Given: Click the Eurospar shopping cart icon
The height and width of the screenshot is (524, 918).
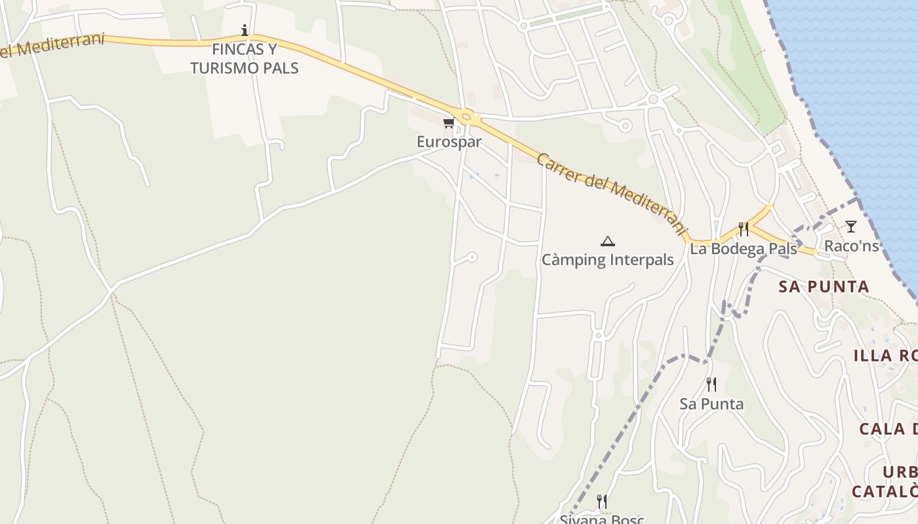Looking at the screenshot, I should pyautogui.click(x=449, y=123).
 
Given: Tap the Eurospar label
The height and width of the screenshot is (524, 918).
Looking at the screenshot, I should pyautogui.click(x=449, y=141).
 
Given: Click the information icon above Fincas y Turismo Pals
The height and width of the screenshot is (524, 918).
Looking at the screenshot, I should pyautogui.click(x=245, y=30).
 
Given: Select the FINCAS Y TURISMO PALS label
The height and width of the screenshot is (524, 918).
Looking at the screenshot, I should pyautogui.click(x=245, y=58).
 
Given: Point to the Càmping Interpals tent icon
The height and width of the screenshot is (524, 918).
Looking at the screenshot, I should pyautogui.click(x=608, y=241).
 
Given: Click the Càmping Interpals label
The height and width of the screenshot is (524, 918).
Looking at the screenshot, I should pyautogui.click(x=608, y=259).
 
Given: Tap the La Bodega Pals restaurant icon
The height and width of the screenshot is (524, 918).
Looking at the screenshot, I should pyautogui.click(x=744, y=229).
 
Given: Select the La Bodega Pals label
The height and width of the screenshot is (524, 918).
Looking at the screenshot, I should pyautogui.click(x=744, y=249).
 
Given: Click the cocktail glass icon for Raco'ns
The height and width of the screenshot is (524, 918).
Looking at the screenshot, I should pyautogui.click(x=850, y=227).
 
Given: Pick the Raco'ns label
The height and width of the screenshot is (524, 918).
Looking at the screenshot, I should pyautogui.click(x=851, y=246).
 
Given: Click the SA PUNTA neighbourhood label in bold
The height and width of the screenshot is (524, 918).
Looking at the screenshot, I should pyautogui.click(x=824, y=286).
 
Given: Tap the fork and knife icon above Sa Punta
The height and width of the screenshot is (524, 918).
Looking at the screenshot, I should pyautogui.click(x=711, y=384).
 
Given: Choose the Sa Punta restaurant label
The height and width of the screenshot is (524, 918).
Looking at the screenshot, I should pyautogui.click(x=711, y=403).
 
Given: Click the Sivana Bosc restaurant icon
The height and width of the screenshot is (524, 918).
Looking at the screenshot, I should pyautogui.click(x=601, y=502).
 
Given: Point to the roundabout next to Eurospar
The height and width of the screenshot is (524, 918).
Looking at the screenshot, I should pyautogui.click(x=467, y=118).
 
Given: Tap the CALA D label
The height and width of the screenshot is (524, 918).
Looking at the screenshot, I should pyautogui.click(x=888, y=429).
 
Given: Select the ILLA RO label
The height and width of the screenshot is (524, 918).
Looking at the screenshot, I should pyautogui.click(x=885, y=356).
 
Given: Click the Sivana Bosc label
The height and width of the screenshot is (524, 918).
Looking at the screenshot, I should pyautogui.click(x=601, y=519).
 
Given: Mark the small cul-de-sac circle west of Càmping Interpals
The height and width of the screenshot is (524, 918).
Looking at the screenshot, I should pyautogui.click(x=471, y=257).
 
